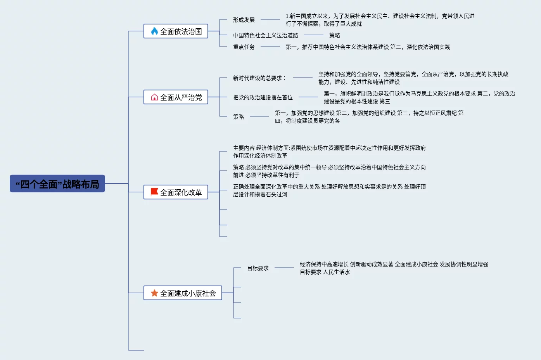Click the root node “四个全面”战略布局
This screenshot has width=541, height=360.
click(57, 184)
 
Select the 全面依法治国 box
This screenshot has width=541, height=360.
click(176, 31)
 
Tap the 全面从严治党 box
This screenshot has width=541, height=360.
click(176, 97)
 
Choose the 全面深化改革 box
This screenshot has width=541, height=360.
click(176, 192)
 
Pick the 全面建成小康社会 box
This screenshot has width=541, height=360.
click(183, 293)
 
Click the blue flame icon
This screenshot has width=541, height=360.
click(154, 31)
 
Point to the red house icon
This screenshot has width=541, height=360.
click(154, 97)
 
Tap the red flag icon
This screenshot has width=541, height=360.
click(154, 192)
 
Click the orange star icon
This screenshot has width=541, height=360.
click(154, 293)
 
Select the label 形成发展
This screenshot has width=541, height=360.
click(244, 20)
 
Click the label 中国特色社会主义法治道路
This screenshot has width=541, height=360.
click(266, 35)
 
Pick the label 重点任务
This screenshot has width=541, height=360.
click(244, 47)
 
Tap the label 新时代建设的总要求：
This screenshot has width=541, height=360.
click(259, 78)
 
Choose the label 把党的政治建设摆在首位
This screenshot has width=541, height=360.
click(263, 97)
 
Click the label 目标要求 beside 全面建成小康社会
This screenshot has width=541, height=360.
click(258, 268)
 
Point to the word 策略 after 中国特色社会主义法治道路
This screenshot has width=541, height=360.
click(335, 35)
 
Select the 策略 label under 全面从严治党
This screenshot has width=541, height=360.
click(239, 117)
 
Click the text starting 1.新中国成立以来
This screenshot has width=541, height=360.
click(380, 20)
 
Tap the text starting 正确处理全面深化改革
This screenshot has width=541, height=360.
click(329, 190)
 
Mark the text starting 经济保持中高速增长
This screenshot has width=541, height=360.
click(394, 268)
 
